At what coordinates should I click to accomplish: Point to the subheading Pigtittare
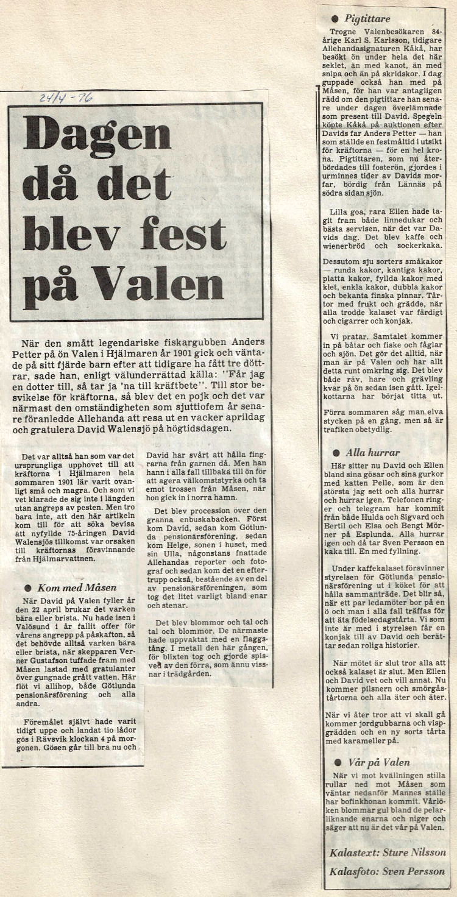367,19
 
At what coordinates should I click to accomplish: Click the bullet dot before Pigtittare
335,19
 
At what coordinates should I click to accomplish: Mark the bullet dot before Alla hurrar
336,453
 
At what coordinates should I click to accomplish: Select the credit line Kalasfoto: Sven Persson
388,871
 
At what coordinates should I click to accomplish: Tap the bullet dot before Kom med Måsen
27,587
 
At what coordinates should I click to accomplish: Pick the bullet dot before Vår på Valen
338,762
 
